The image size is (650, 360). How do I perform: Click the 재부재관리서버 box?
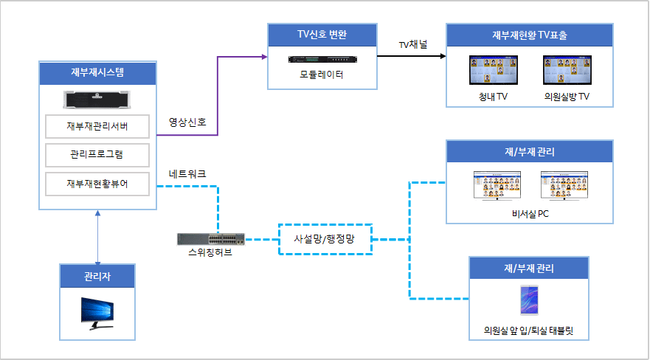[x=97, y=126]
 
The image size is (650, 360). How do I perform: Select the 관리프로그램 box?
[x=97, y=155]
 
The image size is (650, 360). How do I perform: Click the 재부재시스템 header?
[x=97, y=73]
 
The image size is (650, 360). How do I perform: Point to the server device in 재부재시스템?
[x=97, y=99]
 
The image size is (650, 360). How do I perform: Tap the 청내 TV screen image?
[x=493, y=72]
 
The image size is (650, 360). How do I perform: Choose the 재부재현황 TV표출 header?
[x=530, y=35]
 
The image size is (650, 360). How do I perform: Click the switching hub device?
[x=212, y=239]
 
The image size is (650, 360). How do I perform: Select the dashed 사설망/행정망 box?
[x=325, y=239]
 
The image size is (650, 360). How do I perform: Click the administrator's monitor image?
[x=97, y=314]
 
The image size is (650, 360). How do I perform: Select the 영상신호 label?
[x=187, y=122]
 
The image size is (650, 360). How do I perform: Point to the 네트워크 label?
[x=187, y=174]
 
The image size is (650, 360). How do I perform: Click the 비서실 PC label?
[x=530, y=214]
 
